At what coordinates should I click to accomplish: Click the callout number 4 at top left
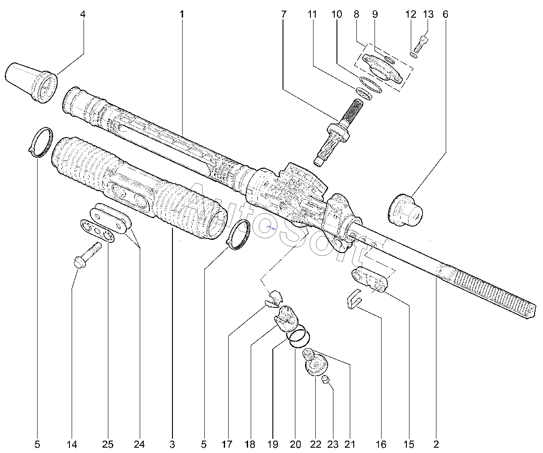83,14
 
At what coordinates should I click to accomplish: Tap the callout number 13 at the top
428,14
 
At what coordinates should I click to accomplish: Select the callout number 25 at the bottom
107,444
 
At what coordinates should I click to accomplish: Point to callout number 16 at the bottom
381,444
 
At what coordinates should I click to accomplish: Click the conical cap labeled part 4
31,82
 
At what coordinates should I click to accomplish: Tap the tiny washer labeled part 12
413,55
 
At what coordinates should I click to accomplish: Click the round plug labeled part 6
405,210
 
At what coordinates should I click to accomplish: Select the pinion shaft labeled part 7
338,132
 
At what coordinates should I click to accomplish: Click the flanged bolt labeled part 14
88,255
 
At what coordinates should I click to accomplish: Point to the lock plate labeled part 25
97,231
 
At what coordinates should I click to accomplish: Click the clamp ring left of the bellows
41,142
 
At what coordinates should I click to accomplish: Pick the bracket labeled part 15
370,279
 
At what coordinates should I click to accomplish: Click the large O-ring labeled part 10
370,84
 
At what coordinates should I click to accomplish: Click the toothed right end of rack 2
484,291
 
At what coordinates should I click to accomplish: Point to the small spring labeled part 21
308,354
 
